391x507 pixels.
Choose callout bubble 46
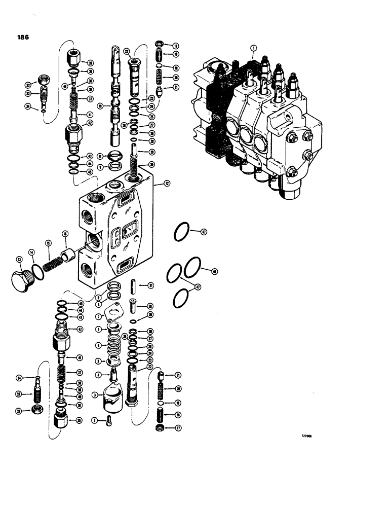coord(215,272)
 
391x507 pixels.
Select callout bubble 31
coord(151,285)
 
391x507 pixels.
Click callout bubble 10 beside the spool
coord(101,106)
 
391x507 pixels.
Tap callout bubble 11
coord(101,157)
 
